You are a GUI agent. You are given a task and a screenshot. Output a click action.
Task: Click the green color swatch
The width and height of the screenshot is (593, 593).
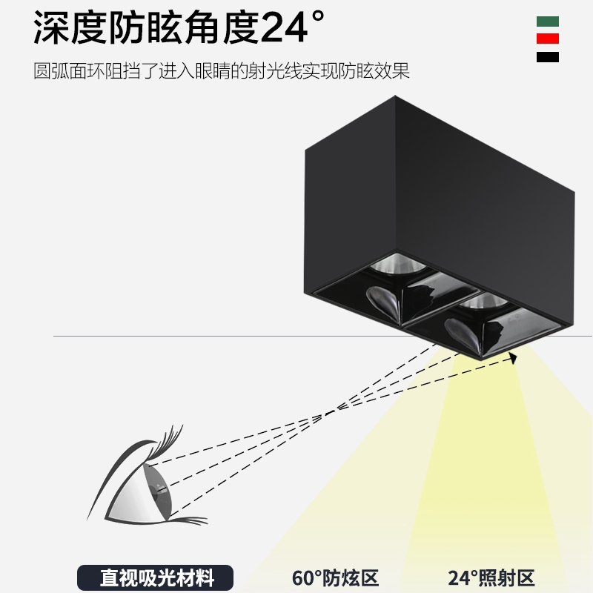[x=548, y=21]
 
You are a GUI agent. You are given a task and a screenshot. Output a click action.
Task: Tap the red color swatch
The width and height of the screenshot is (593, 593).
[x=548, y=39]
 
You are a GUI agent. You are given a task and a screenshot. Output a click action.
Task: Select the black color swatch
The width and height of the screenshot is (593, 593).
[x=548, y=57]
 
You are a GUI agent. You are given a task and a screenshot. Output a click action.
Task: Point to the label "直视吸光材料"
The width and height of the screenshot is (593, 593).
[x=156, y=577]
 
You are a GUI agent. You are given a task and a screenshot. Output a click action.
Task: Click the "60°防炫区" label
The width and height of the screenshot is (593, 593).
[x=335, y=577]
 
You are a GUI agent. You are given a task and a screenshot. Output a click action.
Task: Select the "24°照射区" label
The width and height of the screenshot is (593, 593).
[x=491, y=577]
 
